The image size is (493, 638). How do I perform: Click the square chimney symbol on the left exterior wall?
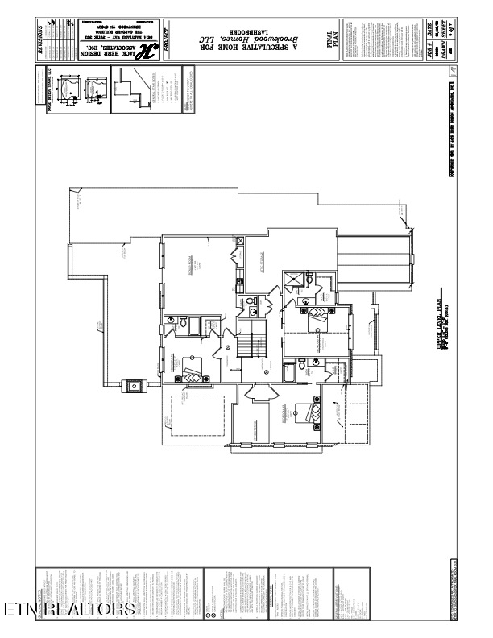pyautogui.click(x=134, y=385)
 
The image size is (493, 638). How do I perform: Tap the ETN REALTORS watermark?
pyautogui.click(x=68, y=608)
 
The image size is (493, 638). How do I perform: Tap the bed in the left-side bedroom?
pyautogui.click(x=193, y=375)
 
